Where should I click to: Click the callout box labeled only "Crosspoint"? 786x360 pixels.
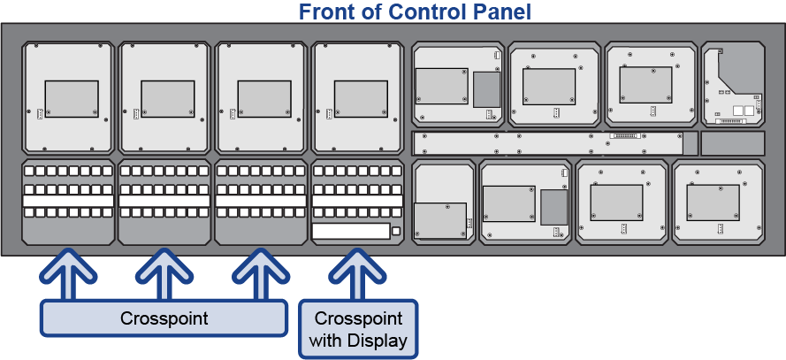[x=164, y=318]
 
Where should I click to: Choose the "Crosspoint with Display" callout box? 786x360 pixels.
[x=358, y=329]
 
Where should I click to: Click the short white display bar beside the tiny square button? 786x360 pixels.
[x=351, y=232]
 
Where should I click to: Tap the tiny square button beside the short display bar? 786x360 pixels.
[x=397, y=232]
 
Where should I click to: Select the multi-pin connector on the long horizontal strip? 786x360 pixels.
[x=625, y=137]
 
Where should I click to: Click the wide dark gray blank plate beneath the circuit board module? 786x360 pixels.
[x=732, y=143]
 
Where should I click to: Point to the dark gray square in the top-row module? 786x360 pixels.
[x=486, y=89]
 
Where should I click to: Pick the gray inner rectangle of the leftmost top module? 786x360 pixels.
[x=71, y=98]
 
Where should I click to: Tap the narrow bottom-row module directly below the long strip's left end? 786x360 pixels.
[x=444, y=202]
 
